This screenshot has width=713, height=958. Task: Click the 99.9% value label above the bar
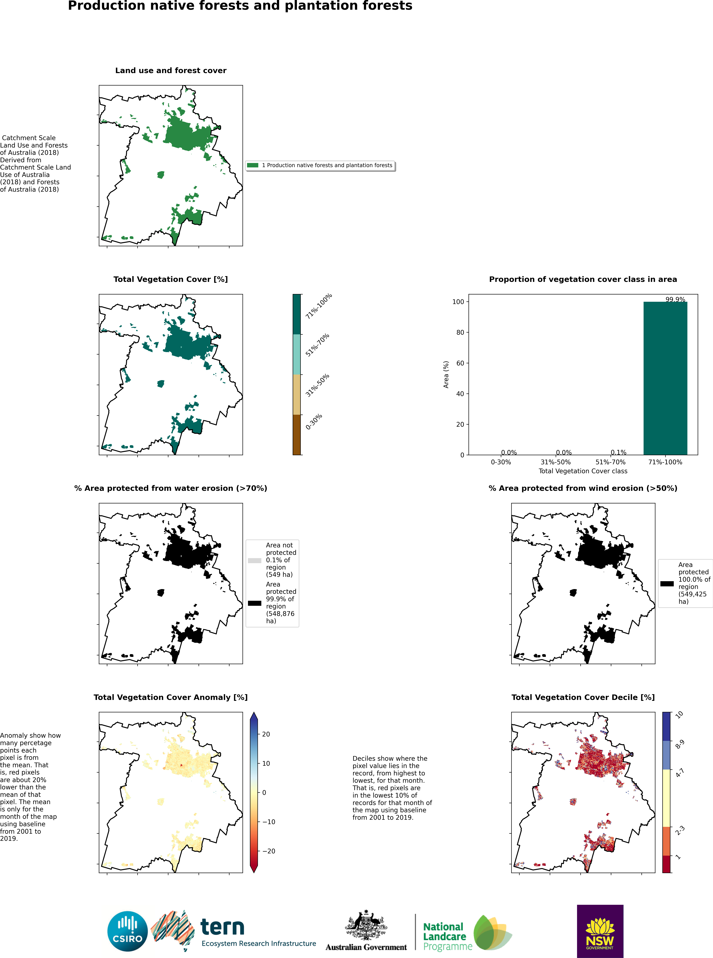point(675,299)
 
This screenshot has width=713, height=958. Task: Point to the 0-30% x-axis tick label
point(501,462)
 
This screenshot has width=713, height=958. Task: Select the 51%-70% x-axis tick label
point(610,462)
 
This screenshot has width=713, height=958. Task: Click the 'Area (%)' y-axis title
point(446,374)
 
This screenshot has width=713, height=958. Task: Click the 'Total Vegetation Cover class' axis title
point(583,471)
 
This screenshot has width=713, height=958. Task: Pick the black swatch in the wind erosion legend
point(667,584)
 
